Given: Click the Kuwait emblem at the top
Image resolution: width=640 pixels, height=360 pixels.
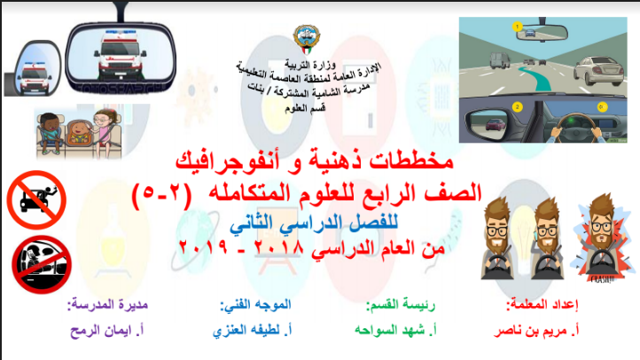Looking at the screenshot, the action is [x=307, y=39].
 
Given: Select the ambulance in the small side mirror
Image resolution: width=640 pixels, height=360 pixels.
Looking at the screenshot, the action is [x=35, y=77].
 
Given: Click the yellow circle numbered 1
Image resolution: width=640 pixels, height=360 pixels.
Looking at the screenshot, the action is [x=517, y=27].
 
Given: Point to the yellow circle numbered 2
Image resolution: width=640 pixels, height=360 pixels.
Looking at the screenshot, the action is [x=517, y=107].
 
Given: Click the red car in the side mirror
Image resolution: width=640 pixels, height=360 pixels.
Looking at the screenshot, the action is [x=496, y=124].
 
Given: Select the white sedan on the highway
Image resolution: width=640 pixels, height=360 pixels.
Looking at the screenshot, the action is [x=599, y=71].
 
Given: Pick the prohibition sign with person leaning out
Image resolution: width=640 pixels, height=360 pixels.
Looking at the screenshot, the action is [x=36, y=200].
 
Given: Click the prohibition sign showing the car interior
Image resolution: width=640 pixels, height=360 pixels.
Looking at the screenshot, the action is [x=42, y=264].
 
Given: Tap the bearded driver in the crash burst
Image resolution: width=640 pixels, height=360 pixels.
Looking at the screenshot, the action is [x=601, y=239].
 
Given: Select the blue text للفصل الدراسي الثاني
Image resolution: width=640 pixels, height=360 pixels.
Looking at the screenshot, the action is [x=314, y=223].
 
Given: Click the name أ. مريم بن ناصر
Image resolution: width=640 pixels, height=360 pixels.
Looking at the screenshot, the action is [x=536, y=331].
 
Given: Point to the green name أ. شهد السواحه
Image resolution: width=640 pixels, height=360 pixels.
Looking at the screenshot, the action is [x=395, y=330].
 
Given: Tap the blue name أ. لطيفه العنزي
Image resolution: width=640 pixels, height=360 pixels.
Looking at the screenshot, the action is [x=253, y=330].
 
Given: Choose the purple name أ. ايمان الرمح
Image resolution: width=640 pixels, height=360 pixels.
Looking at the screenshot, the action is [x=107, y=330].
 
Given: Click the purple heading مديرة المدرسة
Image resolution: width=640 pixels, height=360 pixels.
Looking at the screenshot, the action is [x=108, y=304].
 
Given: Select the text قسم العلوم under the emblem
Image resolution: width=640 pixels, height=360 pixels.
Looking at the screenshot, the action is [x=305, y=108].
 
